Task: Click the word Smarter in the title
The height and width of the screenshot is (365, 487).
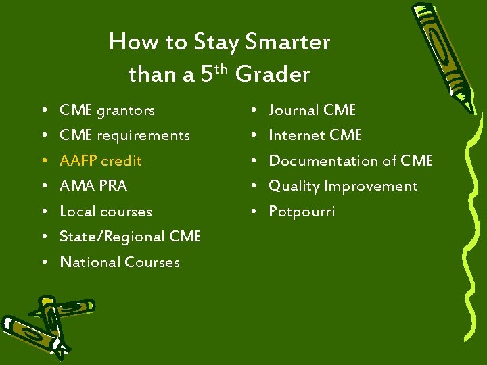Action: [288, 43]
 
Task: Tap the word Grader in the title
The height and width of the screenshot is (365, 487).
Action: [273, 74]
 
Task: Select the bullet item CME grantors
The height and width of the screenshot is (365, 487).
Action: [107, 110]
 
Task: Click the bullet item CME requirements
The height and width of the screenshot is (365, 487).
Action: [124, 135]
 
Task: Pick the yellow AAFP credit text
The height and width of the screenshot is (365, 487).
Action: [101, 161]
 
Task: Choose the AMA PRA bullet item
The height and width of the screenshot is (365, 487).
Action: [93, 186]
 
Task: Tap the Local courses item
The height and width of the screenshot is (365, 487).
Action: [106, 212]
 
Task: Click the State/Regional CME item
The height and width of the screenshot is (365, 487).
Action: [130, 237]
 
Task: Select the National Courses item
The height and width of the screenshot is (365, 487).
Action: [120, 262]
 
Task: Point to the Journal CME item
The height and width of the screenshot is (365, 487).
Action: [312, 110]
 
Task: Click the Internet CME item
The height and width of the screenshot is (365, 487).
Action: [315, 135]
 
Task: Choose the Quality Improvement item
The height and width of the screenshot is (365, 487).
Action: [343, 186]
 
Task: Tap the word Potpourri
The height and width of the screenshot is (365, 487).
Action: [302, 212]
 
